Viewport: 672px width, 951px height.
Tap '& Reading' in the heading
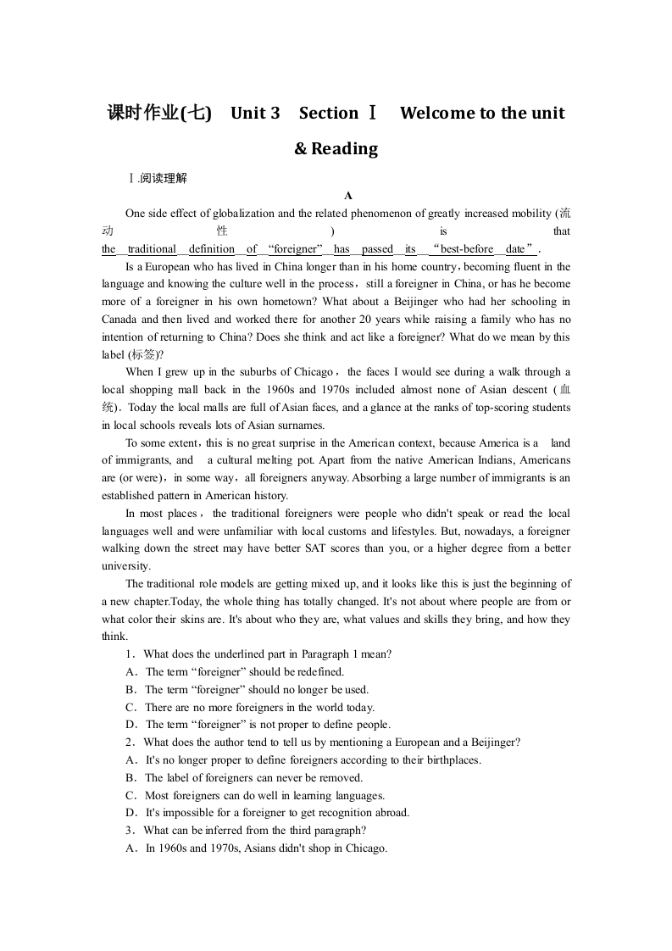pos(336,149)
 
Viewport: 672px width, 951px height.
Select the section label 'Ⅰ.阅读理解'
pos(157,179)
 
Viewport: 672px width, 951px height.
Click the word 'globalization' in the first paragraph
pos(240,214)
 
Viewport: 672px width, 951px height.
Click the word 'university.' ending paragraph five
pos(126,566)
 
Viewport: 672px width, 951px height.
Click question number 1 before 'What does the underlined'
pos(131,654)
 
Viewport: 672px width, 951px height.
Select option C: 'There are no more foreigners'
pos(258,708)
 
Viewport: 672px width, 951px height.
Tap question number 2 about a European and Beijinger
pos(131,742)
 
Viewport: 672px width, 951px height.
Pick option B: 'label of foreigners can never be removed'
pos(253,778)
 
